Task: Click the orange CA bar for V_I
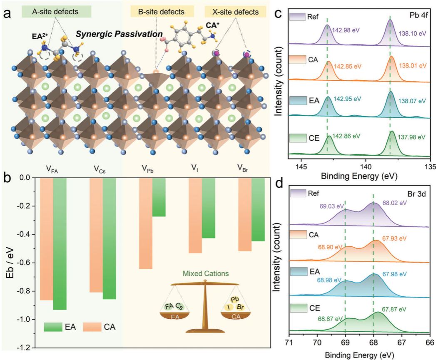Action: (x=195, y=215)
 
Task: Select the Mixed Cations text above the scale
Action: (x=204, y=273)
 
